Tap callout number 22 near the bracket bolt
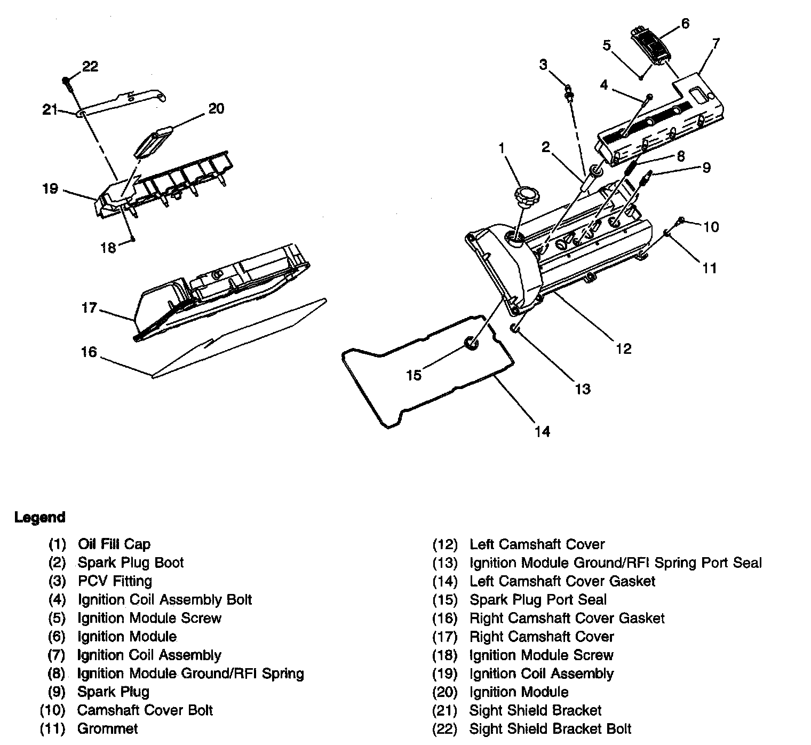[x=90, y=66]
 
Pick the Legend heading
[x=40, y=517]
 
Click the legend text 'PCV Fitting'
[x=115, y=581]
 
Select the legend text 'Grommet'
[x=107, y=728]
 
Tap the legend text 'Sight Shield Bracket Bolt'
[x=550, y=728]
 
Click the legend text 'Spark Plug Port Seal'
[x=538, y=599]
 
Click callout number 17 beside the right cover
[x=89, y=308]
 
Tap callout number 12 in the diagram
[x=623, y=348]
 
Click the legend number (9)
[x=57, y=692]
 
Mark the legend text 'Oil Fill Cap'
[x=114, y=544]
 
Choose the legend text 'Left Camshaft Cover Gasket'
[x=562, y=581]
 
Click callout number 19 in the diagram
[x=50, y=189]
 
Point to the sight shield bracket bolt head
[x=66, y=81]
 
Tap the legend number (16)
[x=445, y=618]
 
